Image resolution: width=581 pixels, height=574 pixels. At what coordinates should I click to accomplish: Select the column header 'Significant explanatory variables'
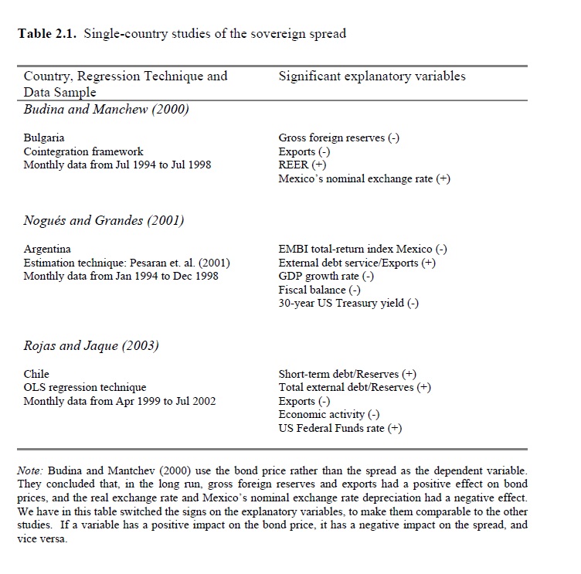coord(371,76)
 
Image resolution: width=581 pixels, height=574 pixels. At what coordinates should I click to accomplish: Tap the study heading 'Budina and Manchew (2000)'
coord(106,109)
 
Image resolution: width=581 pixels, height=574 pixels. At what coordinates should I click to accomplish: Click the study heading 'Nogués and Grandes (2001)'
coord(104,220)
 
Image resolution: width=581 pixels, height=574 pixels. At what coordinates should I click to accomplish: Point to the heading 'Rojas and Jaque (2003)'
coord(91,345)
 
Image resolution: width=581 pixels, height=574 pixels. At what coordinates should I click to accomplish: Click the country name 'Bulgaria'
coord(44,138)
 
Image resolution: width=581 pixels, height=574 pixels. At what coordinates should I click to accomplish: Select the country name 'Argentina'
coord(47,249)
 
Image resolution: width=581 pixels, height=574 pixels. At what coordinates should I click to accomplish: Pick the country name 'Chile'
coord(36,374)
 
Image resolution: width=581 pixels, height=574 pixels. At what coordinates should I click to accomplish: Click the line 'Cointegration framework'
coord(83,151)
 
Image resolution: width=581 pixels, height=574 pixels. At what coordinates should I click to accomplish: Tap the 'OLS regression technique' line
coord(85,387)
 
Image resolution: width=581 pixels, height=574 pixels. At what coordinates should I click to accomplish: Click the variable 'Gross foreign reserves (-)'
coord(338,138)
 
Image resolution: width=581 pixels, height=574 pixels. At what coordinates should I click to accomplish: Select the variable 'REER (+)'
coord(302,165)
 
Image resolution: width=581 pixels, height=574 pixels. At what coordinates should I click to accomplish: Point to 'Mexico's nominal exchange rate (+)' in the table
coord(364,179)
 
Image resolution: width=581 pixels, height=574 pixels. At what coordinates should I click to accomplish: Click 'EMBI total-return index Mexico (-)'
coord(362,249)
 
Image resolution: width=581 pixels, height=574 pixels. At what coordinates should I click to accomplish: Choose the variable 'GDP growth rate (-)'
coord(326,276)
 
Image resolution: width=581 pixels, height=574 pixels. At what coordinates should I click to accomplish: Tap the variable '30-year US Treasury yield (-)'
coord(348,303)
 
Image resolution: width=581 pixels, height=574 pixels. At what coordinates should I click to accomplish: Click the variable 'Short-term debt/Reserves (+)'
coord(347,374)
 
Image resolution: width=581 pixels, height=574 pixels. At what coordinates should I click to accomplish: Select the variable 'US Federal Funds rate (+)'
coord(340,428)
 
